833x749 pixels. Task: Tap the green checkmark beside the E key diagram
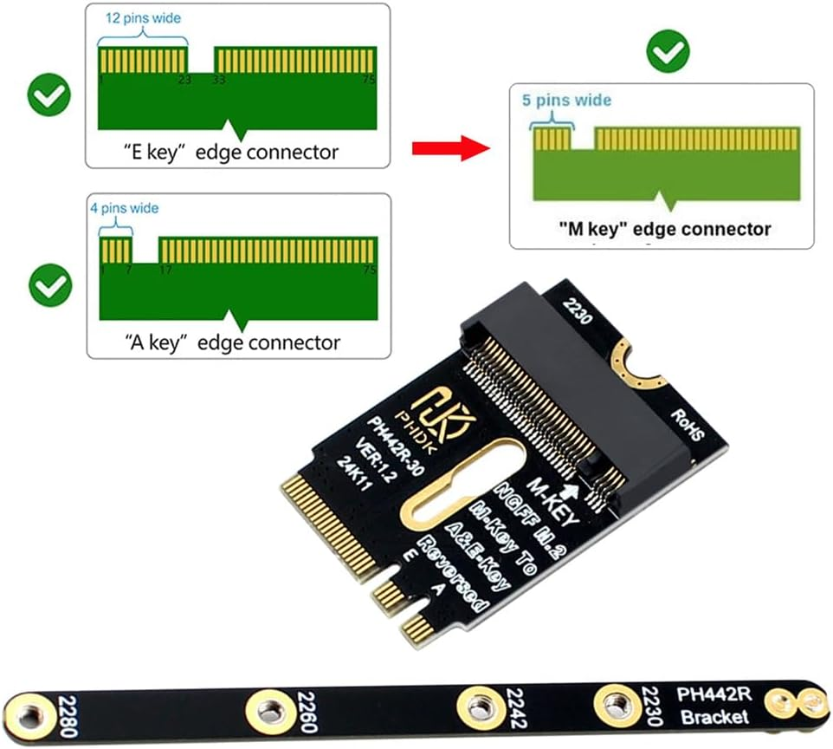(49, 95)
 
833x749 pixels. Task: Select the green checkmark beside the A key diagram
(49, 285)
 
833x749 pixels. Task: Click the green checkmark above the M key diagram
(668, 54)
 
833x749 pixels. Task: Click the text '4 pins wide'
(124, 208)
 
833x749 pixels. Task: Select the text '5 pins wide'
(566, 101)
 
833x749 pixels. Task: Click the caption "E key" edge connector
(231, 153)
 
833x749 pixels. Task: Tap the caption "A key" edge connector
(231, 342)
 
